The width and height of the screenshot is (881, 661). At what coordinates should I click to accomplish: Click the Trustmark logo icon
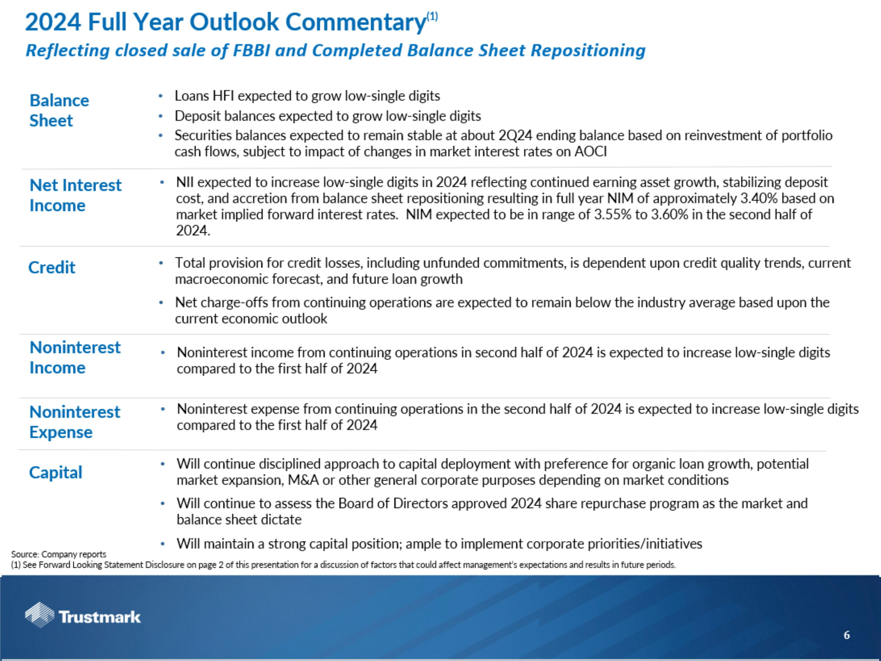coord(39,615)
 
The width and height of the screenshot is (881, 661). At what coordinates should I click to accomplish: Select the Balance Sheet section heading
coord(59,110)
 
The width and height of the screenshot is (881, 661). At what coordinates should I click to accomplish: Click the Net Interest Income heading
coord(75,195)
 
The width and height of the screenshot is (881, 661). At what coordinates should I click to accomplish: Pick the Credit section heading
coord(52,267)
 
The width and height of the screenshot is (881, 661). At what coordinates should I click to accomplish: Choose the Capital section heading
coord(56,472)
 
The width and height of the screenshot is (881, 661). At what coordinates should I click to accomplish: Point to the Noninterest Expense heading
coord(75,422)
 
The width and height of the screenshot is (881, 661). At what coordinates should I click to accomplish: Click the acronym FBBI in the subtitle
coord(251,51)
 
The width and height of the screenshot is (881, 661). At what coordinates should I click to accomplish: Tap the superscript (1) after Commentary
coord(432,16)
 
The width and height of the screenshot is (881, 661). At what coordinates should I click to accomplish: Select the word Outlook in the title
coord(234,22)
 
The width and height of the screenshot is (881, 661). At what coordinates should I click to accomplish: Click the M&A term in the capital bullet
coord(303,480)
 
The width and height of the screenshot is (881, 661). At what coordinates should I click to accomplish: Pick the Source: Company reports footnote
coord(58,554)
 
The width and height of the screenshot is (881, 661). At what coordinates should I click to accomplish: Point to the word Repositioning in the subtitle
coord(588,51)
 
